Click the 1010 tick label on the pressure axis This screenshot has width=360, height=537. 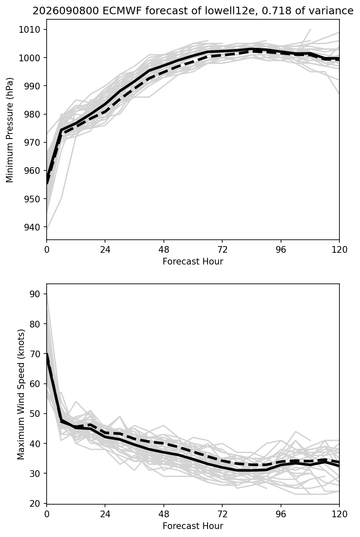coord(29,30)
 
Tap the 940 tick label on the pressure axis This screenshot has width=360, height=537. coord(32,227)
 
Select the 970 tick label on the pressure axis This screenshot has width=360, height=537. coord(32,142)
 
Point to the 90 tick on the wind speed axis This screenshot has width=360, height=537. coord(35,294)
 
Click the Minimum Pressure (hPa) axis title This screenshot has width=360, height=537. coord(10,130)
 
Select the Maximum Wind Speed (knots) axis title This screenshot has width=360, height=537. coord(21,395)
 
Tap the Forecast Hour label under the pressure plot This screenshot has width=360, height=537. coord(193,261)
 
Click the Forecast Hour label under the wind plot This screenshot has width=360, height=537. coord(193,526)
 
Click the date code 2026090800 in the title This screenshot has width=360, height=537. coord(66,11)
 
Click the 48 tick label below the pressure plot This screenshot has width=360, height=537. coord(163,250)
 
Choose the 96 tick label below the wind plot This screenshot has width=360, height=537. coord(281,514)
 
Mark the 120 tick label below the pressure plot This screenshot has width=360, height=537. coord(339,250)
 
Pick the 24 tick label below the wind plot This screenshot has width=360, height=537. coord(105,514)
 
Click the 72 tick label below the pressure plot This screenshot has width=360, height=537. coord(222,250)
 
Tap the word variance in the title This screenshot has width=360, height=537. coord(331,11)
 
